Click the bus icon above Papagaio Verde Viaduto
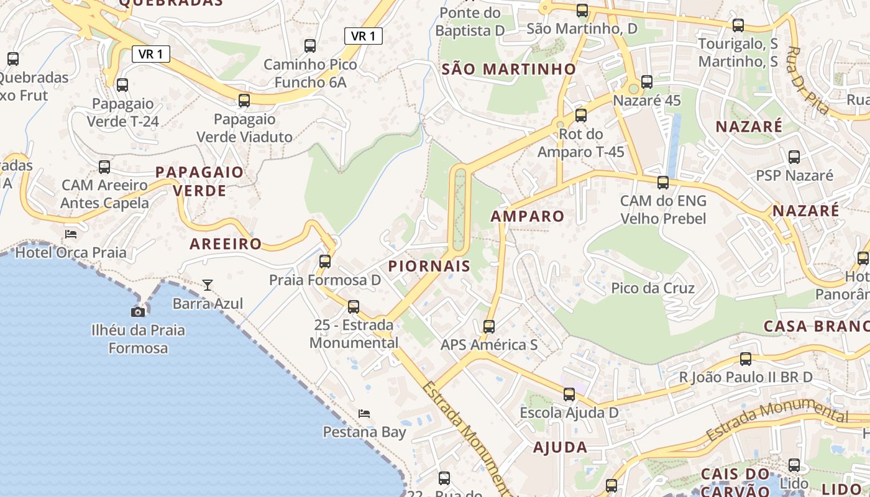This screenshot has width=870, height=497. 244,100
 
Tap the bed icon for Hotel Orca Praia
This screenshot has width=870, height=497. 71,234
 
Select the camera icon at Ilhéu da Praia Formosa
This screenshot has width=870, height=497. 138,312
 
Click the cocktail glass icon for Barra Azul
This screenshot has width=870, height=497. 208,285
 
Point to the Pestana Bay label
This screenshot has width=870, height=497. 364,432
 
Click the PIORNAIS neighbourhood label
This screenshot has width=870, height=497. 429,266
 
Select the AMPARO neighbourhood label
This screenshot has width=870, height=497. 527,216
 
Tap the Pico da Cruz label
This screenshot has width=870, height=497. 652,288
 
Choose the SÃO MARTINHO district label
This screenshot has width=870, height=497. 509,69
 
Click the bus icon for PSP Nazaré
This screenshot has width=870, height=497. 794,157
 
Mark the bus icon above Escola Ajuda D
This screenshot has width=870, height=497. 569,394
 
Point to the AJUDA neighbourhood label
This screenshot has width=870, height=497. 560,447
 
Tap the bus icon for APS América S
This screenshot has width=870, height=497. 489,326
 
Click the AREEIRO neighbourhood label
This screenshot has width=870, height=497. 226,244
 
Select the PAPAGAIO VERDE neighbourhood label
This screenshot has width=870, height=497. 199,181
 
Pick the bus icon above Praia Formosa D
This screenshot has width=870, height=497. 325,262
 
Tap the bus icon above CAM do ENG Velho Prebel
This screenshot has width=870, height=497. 663,183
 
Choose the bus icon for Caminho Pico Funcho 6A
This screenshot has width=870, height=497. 310,46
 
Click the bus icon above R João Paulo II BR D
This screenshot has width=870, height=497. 746,359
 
